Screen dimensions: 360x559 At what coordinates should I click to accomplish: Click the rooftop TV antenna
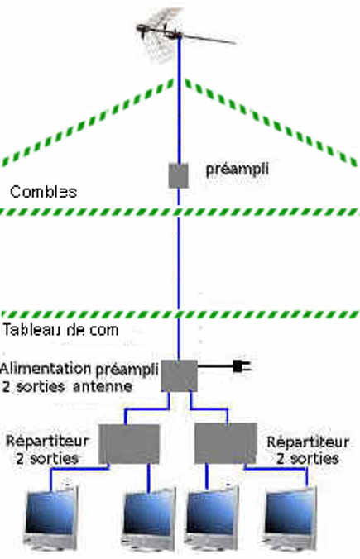(x=180, y=34)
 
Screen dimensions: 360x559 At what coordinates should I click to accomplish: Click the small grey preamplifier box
(x=179, y=175)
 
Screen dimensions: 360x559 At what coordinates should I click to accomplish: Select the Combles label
(x=44, y=192)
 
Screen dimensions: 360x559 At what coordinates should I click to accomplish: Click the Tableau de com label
(x=60, y=330)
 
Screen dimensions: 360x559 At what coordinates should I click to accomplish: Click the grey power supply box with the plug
(x=179, y=375)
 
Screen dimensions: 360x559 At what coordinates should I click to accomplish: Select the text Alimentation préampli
(x=79, y=369)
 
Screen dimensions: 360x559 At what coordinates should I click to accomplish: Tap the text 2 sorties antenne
(x=67, y=386)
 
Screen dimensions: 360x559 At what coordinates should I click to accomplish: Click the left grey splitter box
(x=129, y=444)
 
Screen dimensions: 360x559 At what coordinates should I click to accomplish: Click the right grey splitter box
(x=225, y=443)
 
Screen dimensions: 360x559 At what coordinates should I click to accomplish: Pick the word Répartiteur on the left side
(x=47, y=441)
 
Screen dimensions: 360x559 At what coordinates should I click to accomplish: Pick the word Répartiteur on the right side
(x=308, y=442)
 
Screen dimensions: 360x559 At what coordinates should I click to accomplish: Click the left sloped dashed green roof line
(x=88, y=122)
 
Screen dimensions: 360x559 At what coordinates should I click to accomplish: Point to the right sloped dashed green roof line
(x=271, y=122)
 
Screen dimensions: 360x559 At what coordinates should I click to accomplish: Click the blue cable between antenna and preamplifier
(x=179, y=100)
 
